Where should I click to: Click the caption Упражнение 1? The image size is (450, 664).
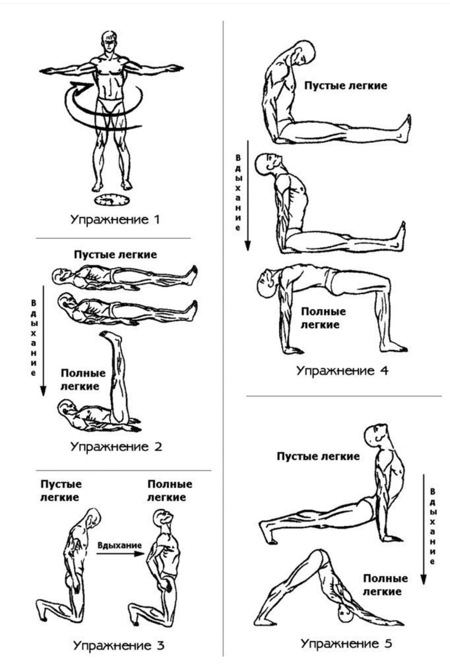[x=115, y=220]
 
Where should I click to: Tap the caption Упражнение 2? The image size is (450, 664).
[x=116, y=446]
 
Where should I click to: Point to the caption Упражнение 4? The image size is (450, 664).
[x=342, y=370]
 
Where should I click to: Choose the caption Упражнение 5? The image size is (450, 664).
[x=347, y=643]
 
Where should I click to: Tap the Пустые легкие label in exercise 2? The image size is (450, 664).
[x=116, y=255]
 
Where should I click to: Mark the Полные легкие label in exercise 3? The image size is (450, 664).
[x=170, y=490]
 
